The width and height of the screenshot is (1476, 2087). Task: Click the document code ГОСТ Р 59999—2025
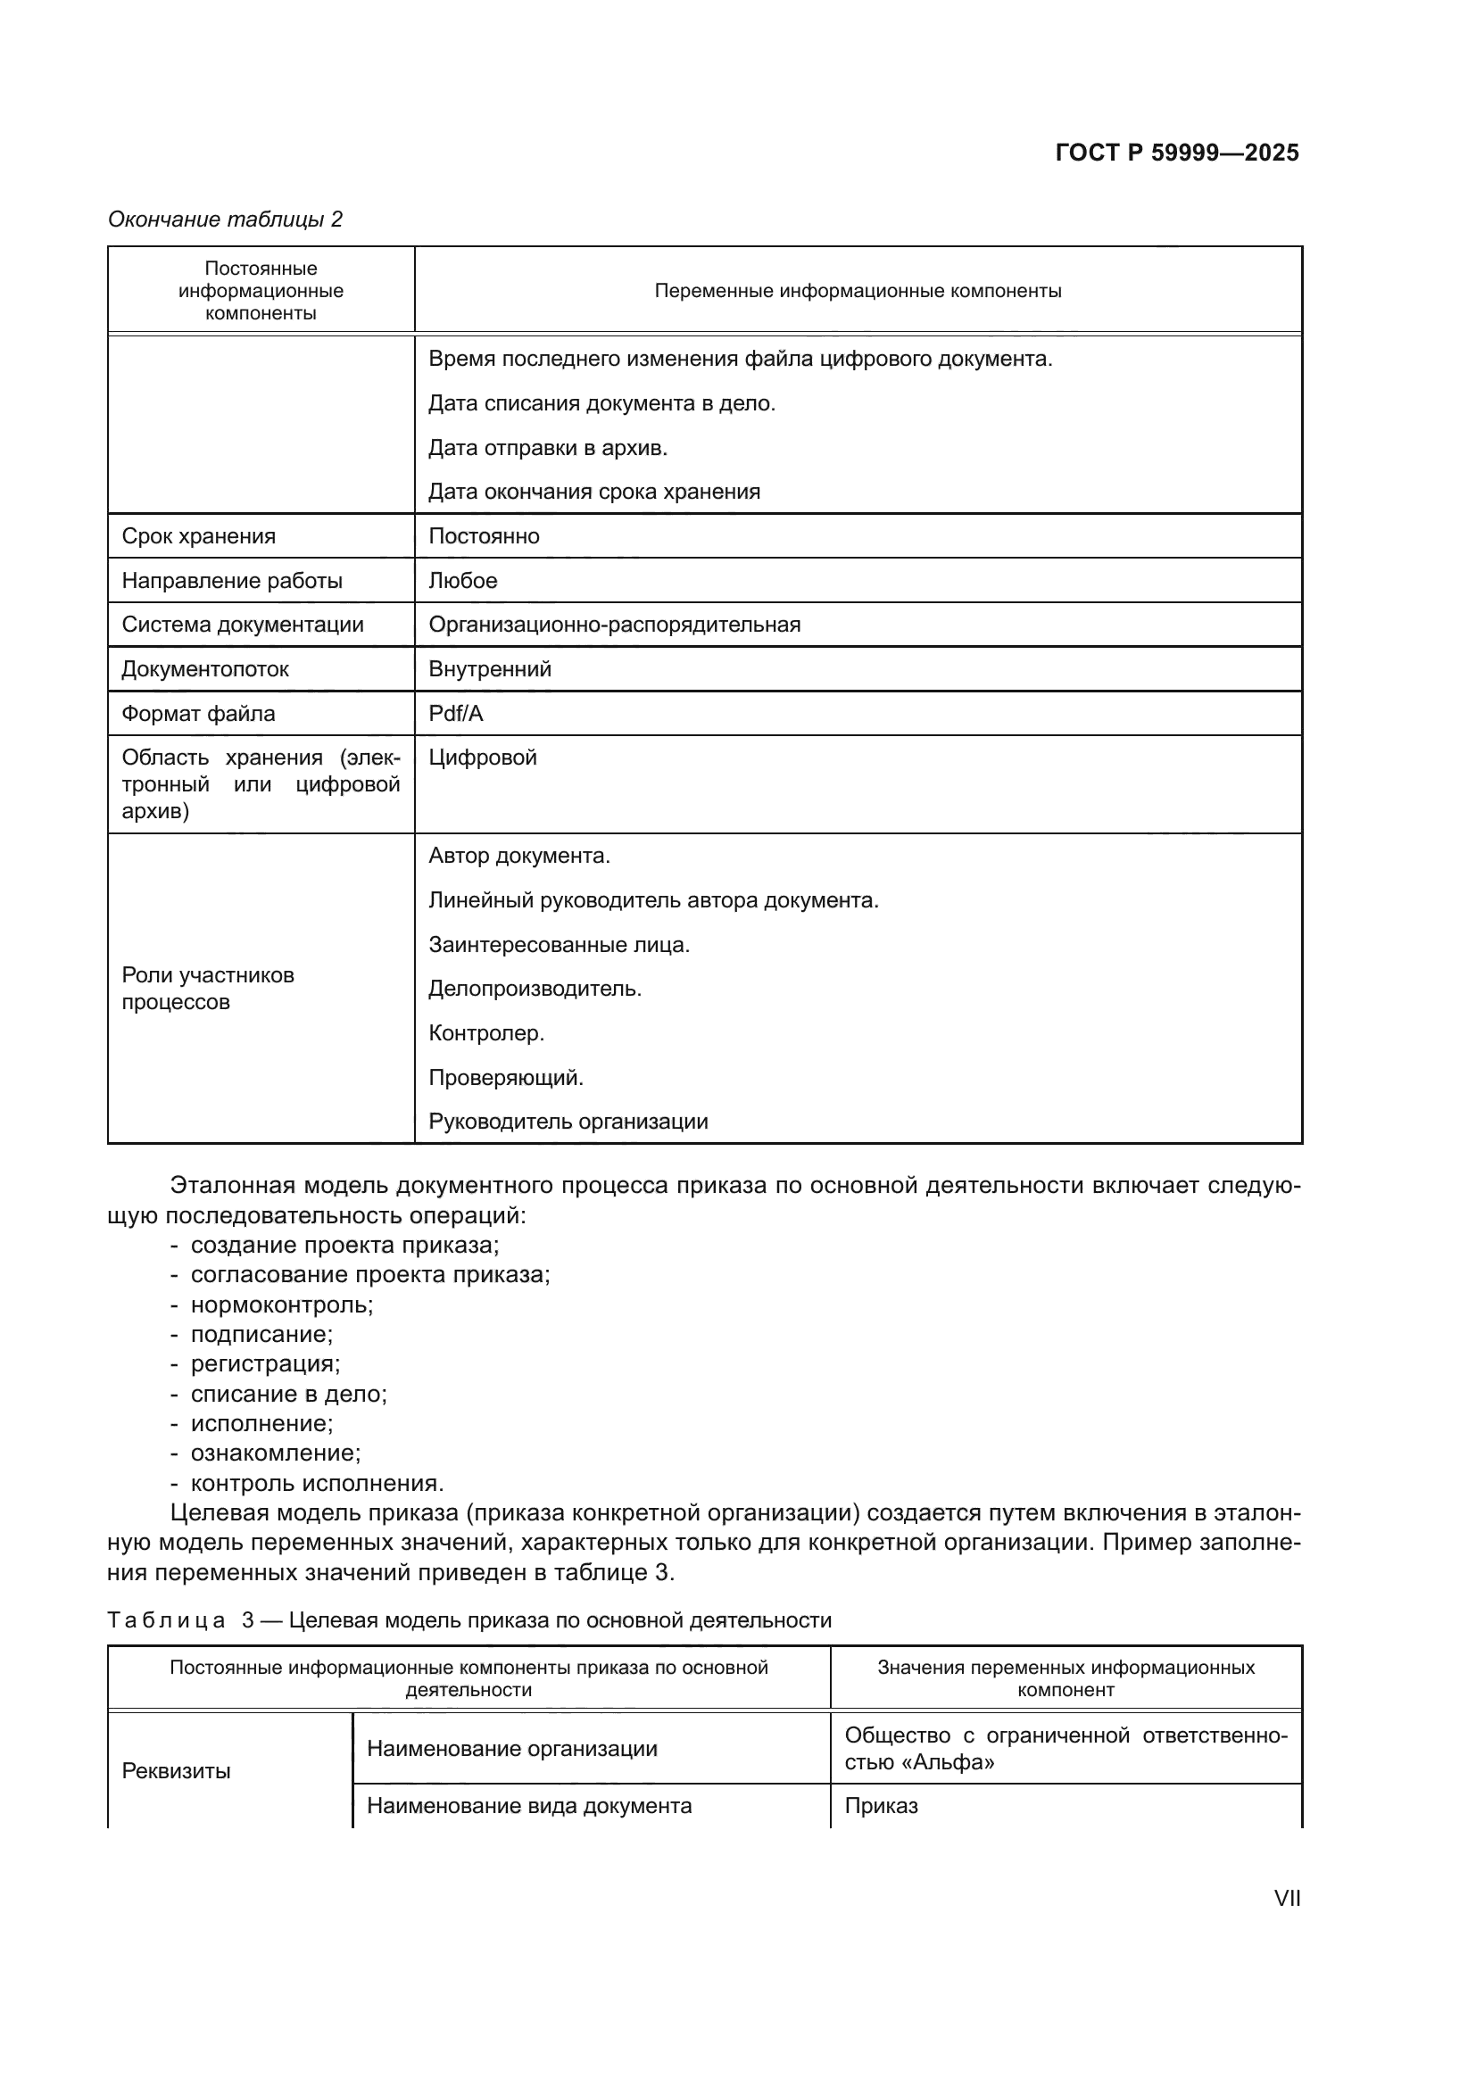point(1176,153)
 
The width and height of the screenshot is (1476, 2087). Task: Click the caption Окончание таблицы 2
point(226,219)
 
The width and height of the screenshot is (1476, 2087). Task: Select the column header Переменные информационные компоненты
point(857,291)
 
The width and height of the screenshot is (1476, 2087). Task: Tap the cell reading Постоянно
point(484,536)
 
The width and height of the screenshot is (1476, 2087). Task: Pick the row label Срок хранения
point(198,536)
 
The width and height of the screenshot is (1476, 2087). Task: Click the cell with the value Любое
point(462,581)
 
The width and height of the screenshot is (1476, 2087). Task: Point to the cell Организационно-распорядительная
point(614,625)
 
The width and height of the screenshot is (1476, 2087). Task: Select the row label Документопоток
point(205,669)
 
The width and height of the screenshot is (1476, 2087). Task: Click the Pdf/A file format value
point(455,714)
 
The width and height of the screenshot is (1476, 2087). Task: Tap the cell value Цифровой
point(483,758)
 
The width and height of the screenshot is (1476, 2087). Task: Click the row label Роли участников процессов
point(207,988)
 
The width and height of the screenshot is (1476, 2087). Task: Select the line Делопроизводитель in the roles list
point(535,988)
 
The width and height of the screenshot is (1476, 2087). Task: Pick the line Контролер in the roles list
point(486,1032)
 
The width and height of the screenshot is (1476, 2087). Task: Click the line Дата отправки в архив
point(547,447)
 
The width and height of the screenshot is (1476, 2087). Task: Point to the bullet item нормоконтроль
point(282,1304)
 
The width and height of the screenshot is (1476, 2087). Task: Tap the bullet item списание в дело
point(288,1394)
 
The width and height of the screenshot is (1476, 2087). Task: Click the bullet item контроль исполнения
point(316,1483)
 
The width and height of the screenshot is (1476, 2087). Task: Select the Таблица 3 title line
point(469,1619)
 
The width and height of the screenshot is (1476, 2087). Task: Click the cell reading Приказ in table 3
point(881,1805)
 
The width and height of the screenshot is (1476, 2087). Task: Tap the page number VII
point(1286,1898)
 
